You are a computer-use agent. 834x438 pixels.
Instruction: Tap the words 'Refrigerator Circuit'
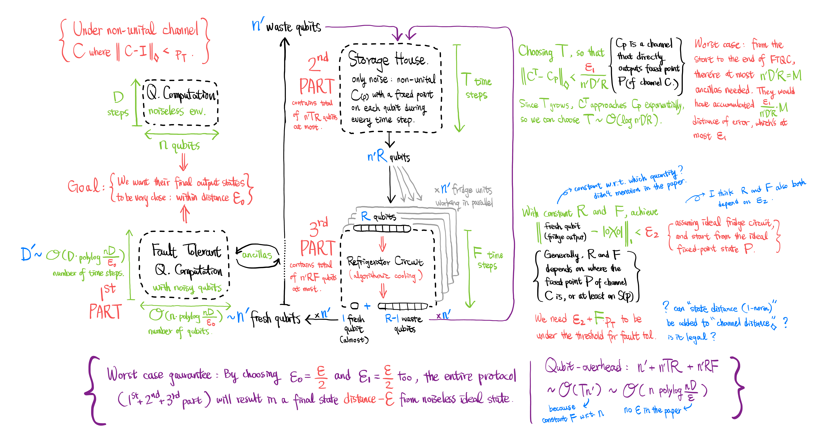pyautogui.click(x=385, y=261)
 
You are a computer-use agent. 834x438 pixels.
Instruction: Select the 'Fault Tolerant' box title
pyautogui.click(x=186, y=251)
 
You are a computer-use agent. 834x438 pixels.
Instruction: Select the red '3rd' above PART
pyautogui.click(x=318, y=226)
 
